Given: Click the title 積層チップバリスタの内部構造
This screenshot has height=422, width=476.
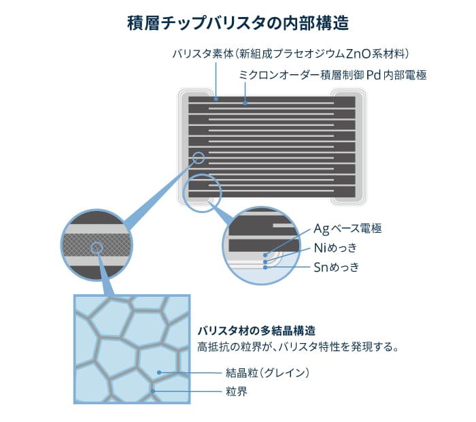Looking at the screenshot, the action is [x=238, y=23].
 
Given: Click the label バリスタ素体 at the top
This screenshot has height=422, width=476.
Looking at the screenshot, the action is [x=203, y=54].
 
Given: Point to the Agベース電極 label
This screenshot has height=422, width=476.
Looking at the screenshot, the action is [x=347, y=229].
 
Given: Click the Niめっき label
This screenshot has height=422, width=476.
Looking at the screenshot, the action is [x=335, y=248].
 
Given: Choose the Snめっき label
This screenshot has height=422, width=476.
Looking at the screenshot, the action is [x=336, y=267].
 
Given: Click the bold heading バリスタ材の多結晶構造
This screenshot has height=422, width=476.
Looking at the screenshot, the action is [x=256, y=330].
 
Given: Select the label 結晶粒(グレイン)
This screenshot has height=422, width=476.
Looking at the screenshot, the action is [x=267, y=372].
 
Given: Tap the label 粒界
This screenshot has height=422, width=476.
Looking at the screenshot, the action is [x=236, y=391].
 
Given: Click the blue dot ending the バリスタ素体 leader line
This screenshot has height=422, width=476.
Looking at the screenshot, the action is [x=216, y=99].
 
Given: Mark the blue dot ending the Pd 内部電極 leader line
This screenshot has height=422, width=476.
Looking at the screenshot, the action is [x=245, y=103].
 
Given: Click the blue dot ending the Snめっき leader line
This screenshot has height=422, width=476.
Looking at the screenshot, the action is [x=265, y=267].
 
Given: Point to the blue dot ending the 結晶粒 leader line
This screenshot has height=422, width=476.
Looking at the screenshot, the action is [x=159, y=372].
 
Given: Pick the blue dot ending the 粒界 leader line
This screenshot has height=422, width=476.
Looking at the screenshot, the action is [x=154, y=391].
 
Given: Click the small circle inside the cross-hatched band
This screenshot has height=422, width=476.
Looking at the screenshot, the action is [x=97, y=248].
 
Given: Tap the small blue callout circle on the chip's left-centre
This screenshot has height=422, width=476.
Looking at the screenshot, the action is [x=199, y=158].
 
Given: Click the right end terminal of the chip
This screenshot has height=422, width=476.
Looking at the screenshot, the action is [x=348, y=147].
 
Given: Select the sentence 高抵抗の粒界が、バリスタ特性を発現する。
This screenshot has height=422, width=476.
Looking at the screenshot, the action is [x=298, y=346].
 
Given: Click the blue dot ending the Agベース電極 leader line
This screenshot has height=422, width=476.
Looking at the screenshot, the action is [x=265, y=255].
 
